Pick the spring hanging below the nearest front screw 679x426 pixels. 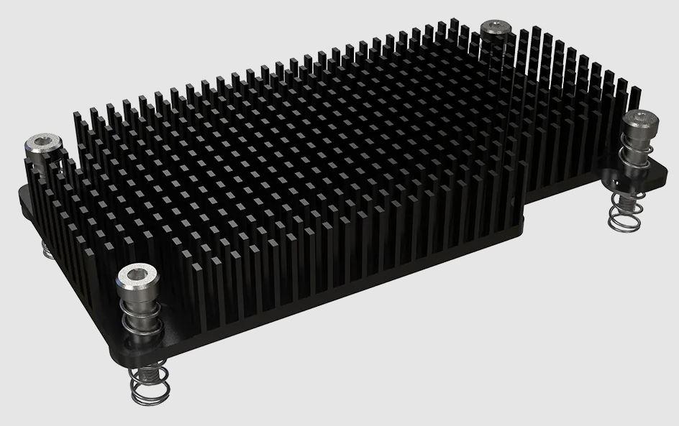pos(150,388)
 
